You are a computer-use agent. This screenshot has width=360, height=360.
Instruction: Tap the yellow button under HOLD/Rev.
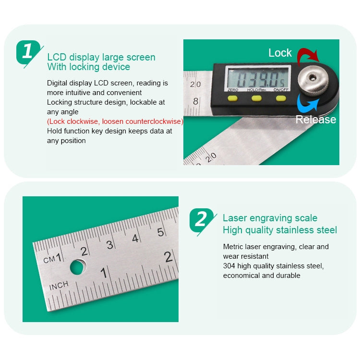(257, 98)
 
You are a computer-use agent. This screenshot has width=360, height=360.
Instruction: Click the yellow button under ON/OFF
(280, 98)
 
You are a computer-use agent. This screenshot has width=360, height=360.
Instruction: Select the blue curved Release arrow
(306, 103)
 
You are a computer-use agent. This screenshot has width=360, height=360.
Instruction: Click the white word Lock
(280, 53)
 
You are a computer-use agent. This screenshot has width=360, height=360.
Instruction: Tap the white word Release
(315, 120)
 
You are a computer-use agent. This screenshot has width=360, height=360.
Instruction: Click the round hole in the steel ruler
(78, 266)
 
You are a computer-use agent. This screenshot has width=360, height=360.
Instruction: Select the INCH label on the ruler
(59, 286)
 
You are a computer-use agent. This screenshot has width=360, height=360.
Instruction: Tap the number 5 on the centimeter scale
(161, 232)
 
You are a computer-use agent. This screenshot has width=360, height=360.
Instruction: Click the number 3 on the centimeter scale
(109, 245)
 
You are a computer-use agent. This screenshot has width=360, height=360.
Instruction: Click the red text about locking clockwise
(115, 121)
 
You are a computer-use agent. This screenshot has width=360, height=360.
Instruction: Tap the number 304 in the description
(229, 266)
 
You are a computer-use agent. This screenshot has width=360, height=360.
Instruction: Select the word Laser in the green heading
(235, 218)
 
